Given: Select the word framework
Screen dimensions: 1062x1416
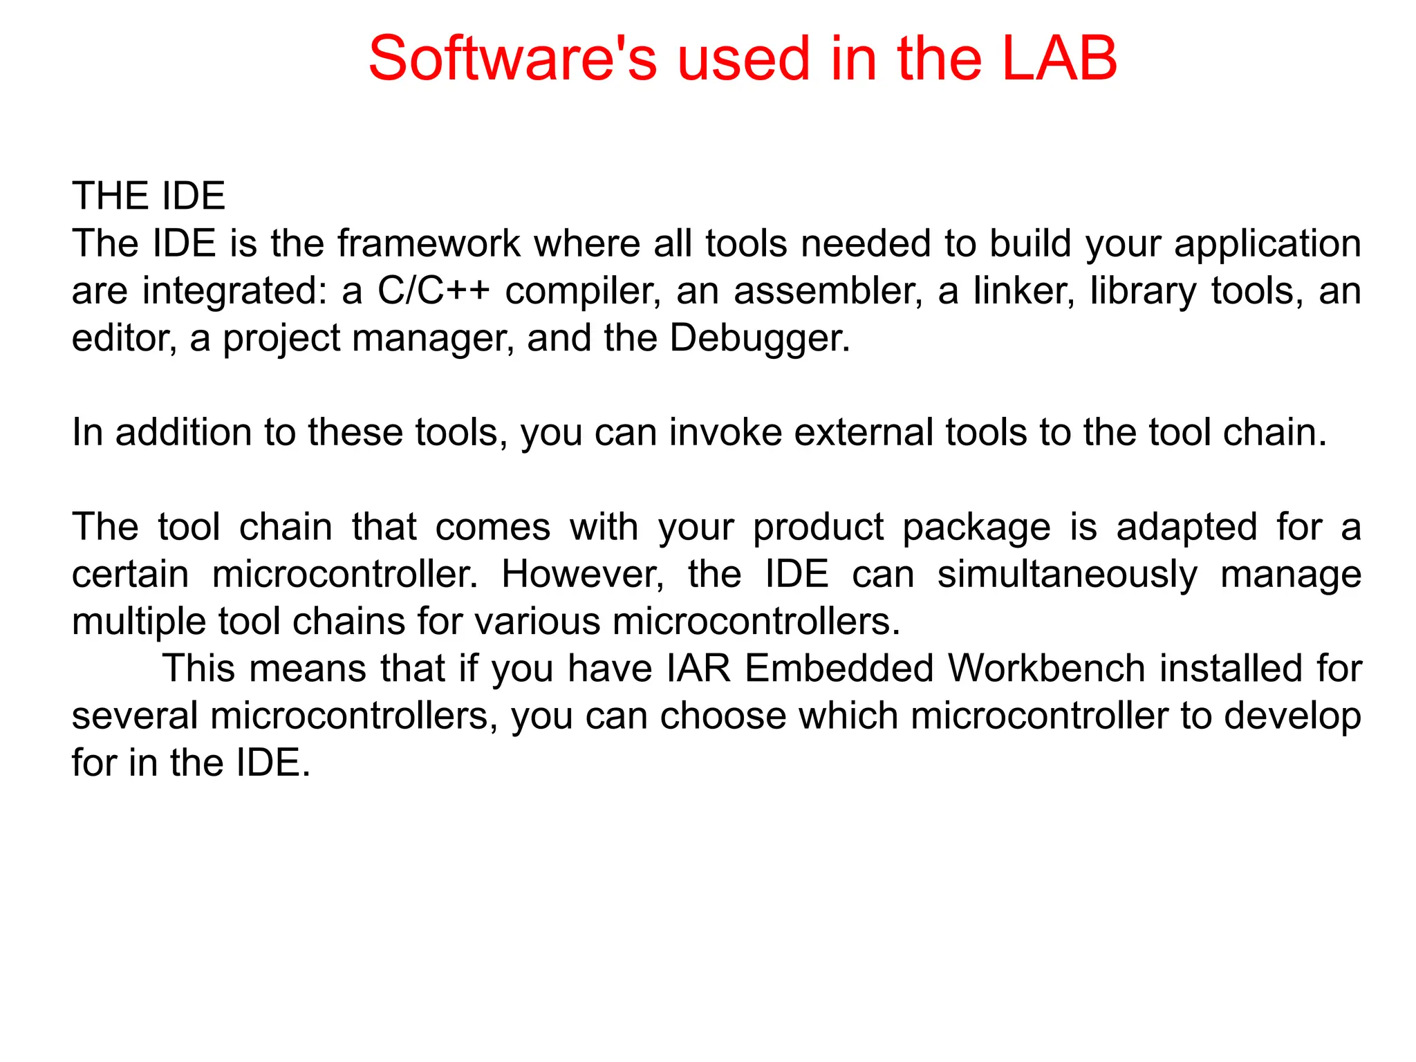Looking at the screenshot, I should point(429,243).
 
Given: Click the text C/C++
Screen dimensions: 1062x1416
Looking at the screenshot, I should point(434,290).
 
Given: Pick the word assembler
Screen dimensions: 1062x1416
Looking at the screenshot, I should point(828,290).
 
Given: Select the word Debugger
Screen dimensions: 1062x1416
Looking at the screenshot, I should point(758,339).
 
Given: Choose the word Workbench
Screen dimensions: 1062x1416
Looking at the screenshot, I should point(1046,669).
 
